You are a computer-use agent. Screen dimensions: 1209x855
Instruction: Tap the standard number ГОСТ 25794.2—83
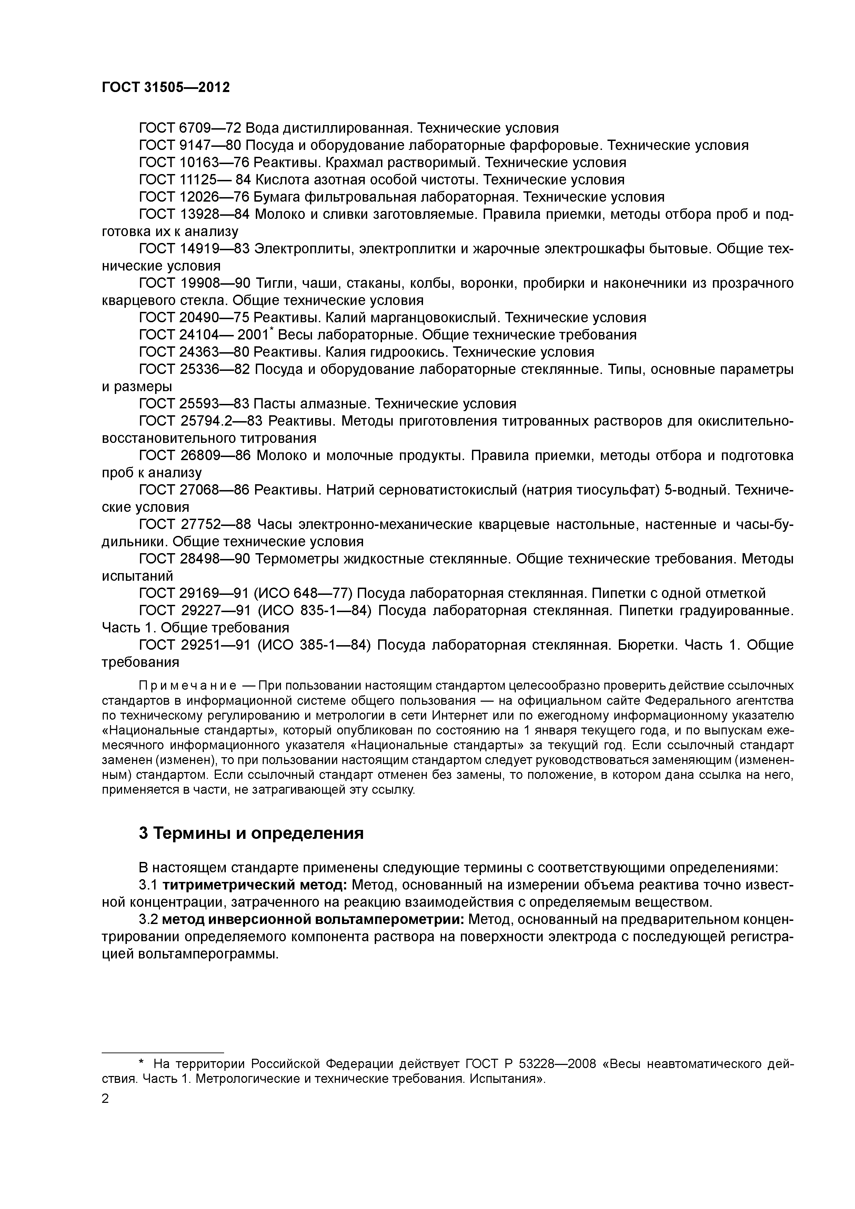(x=201, y=421)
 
